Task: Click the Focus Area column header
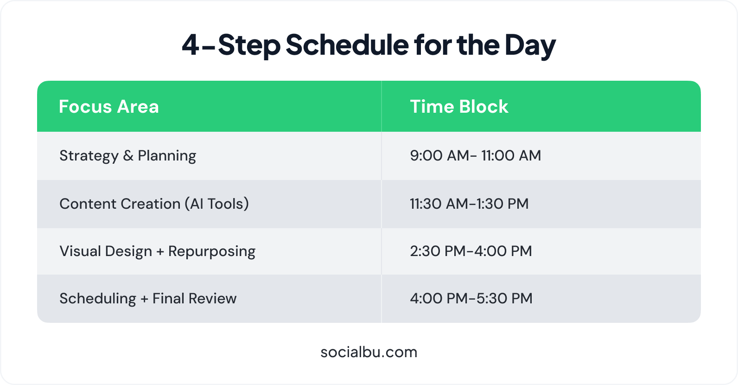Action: (109, 107)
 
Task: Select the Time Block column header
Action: (459, 107)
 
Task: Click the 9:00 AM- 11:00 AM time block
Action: (476, 155)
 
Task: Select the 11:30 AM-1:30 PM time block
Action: (469, 204)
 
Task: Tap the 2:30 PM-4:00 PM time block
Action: (471, 251)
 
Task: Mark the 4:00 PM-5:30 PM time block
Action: (471, 299)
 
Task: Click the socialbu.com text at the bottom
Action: (369, 352)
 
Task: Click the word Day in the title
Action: (530, 46)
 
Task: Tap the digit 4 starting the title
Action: (191, 45)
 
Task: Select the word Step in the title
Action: (249, 46)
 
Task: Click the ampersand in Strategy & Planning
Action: (128, 155)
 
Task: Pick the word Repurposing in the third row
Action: (212, 251)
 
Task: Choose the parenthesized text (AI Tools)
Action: (217, 204)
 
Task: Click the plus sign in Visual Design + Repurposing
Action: (160, 252)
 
